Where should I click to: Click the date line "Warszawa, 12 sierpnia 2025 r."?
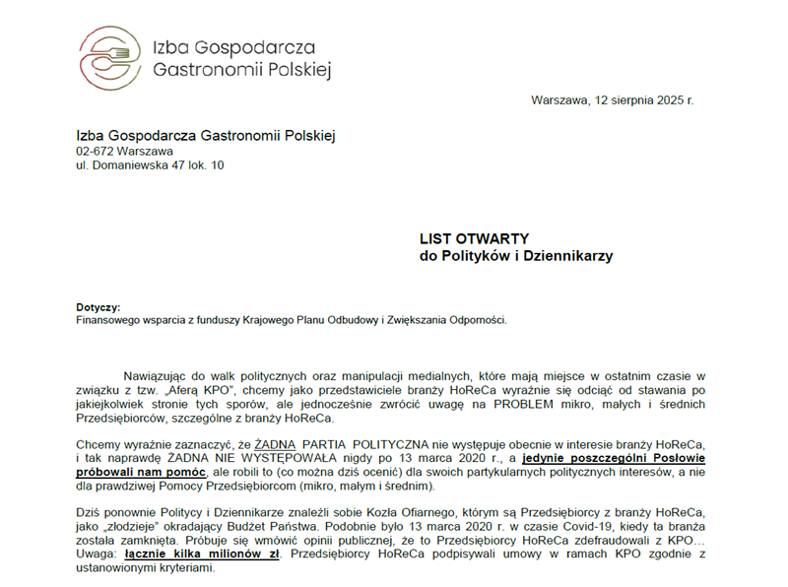[x=612, y=100]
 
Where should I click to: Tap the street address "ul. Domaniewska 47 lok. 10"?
[x=150, y=165]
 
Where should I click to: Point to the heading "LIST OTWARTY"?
[x=475, y=238]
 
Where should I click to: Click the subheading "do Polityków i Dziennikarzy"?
[x=516, y=256]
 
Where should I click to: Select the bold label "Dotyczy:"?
[x=98, y=307]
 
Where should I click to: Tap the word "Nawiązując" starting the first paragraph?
[x=156, y=375]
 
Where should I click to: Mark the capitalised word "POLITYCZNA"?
[x=389, y=444]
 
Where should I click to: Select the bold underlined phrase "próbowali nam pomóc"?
[x=138, y=472]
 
